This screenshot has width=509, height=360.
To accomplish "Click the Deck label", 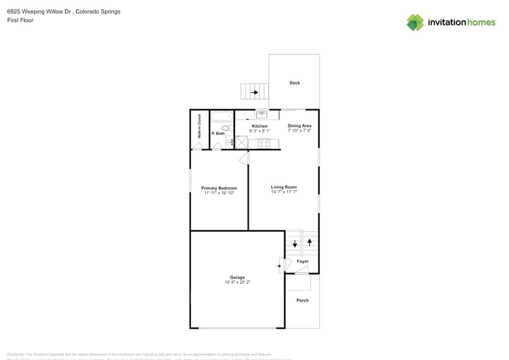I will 295,83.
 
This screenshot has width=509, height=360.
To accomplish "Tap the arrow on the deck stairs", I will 254,92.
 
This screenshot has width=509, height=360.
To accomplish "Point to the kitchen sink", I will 262,114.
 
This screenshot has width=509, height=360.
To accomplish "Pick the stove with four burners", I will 264,143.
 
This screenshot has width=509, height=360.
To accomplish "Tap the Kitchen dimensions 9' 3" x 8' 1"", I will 260,131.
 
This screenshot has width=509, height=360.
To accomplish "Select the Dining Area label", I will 300,126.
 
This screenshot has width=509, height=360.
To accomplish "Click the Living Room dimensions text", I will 284,192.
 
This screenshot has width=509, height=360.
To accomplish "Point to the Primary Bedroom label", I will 219,188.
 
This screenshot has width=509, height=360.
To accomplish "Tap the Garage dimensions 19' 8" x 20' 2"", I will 237,282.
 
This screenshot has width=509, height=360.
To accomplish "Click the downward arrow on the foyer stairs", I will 295,244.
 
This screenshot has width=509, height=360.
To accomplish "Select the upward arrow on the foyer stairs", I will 309,241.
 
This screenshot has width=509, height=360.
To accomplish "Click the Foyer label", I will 303,261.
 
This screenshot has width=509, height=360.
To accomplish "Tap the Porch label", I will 303,300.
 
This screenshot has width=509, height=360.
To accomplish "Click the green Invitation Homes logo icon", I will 415,22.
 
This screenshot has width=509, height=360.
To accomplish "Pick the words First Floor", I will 20,20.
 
